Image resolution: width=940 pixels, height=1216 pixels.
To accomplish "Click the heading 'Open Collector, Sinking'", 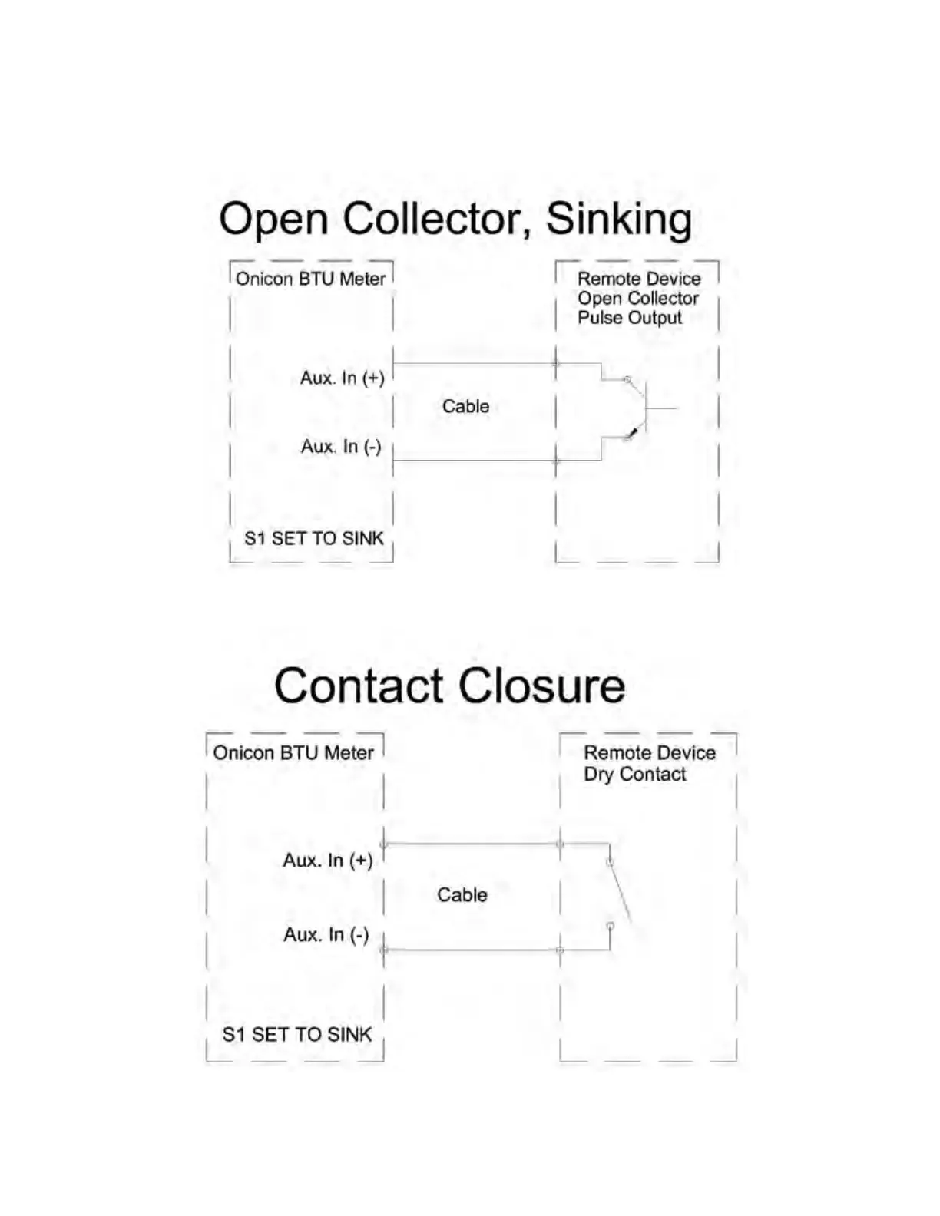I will pos(455,220).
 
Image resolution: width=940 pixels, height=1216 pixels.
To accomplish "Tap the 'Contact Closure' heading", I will pos(449,686).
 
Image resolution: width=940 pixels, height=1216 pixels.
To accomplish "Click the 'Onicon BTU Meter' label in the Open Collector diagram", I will pos(310,279).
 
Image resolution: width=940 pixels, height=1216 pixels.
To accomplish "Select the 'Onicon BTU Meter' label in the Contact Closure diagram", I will pos(293,753).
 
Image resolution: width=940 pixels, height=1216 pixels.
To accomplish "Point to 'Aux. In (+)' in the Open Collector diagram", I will pos(342,378).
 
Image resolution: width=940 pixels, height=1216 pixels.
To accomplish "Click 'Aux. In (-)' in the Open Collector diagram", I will pos(341,447).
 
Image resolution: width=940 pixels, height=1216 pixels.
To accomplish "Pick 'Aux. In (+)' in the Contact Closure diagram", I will pos(328,861).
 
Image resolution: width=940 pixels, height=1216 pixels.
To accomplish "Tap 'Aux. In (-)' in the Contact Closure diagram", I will pos(326,935).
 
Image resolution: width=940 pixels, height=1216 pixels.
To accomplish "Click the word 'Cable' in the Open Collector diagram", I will pos(465,406).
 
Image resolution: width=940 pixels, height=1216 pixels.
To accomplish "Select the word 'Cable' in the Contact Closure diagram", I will pos(462,895).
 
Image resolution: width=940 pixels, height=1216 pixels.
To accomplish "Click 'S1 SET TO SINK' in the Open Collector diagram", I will pos(313,539).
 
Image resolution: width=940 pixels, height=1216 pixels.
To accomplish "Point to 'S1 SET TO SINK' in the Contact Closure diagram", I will pos(296,1035).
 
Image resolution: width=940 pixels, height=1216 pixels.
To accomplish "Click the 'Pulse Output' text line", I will pos(630,318).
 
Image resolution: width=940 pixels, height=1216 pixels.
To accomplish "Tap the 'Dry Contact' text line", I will pos(635,775).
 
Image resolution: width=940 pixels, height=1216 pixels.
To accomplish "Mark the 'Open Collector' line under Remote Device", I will pos(638,299).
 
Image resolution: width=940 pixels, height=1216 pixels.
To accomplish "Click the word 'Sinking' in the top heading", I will pos(619,220).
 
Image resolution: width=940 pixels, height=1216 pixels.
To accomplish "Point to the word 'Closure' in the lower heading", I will pos(544,686).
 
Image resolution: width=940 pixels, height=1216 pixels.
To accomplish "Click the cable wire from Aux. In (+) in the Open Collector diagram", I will pos(474,363).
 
